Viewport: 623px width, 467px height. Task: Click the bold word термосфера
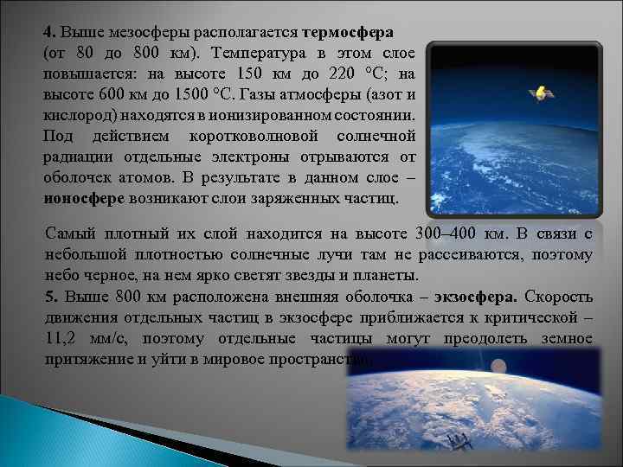coord(350,32)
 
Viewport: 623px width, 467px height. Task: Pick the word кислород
coord(76,115)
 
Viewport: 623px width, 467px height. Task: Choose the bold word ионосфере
coord(84,198)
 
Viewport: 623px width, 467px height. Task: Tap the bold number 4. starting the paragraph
coord(50,32)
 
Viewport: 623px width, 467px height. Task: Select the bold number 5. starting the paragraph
coord(50,297)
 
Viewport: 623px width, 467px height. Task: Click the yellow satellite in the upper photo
coord(541,91)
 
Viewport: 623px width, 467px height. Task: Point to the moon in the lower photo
coord(498,367)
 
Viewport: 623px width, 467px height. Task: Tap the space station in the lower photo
coord(459,442)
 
